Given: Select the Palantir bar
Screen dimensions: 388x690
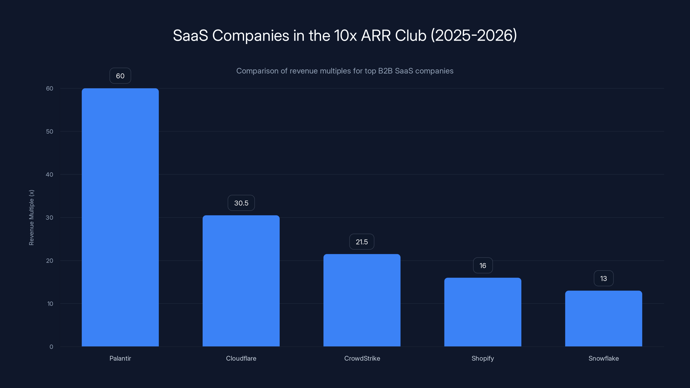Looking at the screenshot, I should coord(120,217).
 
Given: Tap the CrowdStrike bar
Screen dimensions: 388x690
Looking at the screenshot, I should coord(362,300).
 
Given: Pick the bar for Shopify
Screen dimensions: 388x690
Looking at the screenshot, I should coord(483,312).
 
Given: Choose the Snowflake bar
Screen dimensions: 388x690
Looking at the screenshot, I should coord(604,318).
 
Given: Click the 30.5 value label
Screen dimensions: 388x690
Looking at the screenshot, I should coord(241,203).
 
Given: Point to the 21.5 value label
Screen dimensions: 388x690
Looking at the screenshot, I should coord(362,242).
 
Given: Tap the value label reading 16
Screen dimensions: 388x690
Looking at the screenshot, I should coord(483,265).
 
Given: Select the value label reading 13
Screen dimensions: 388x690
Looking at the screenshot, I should coord(604,278).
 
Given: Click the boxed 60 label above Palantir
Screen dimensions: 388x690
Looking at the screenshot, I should coord(120,76).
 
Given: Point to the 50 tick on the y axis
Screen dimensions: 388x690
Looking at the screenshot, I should coord(50,131).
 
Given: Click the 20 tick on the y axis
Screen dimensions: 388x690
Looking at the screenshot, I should coord(50,261).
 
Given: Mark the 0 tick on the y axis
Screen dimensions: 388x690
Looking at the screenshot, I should coord(51,347).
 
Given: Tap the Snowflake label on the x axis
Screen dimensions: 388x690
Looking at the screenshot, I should coord(604,358).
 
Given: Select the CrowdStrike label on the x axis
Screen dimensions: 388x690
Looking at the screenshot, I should coord(362,358).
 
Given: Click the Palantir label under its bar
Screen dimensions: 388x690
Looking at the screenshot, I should coord(120,358).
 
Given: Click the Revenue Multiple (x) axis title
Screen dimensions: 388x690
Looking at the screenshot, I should coord(31,217).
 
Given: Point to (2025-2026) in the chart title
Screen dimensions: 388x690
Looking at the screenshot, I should coord(474,35).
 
